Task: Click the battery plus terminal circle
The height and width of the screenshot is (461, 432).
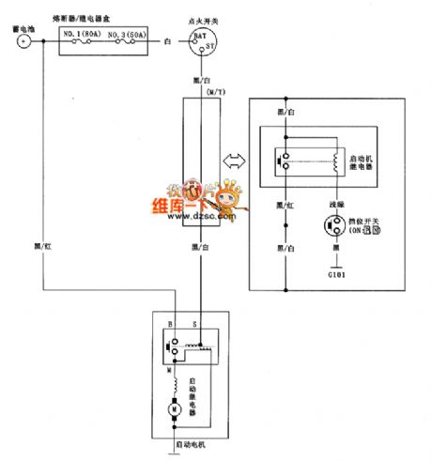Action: [23, 41]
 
